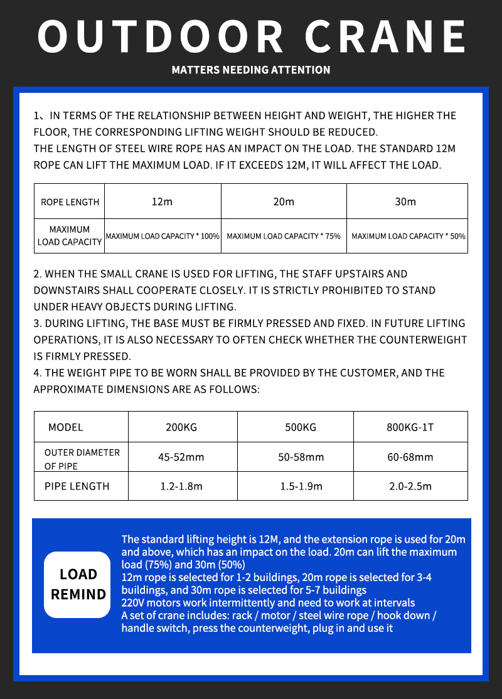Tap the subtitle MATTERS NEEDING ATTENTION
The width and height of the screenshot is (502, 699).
point(251,70)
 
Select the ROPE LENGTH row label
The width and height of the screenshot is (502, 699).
point(70,202)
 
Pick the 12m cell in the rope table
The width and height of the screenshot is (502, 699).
point(162,201)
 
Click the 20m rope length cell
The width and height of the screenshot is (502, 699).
point(284,201)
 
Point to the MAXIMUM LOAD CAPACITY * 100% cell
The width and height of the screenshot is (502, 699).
point(163,236)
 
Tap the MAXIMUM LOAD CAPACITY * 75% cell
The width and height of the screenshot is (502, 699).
point(284,236)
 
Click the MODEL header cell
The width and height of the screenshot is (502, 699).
point(66,427)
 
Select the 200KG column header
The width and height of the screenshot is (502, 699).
point(181,427)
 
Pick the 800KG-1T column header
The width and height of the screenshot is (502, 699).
point(410,427)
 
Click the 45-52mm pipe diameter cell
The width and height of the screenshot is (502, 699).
point(181,457)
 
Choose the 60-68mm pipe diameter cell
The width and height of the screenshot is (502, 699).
point(410,457)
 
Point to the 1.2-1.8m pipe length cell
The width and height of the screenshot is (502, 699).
point(181,486)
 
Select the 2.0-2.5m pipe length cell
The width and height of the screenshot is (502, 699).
point(410,486)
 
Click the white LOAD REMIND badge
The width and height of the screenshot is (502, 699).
point(78,584)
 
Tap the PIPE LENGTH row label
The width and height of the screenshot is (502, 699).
point(77,486)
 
